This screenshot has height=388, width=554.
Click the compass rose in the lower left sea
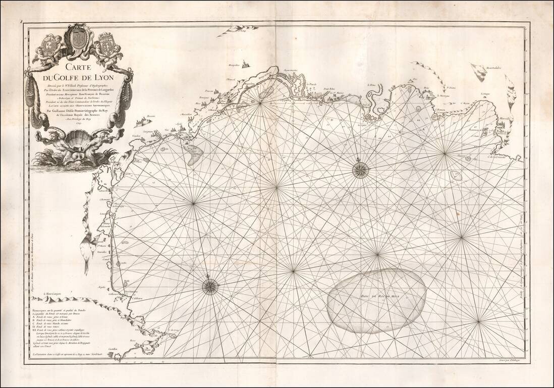click(210, 286)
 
